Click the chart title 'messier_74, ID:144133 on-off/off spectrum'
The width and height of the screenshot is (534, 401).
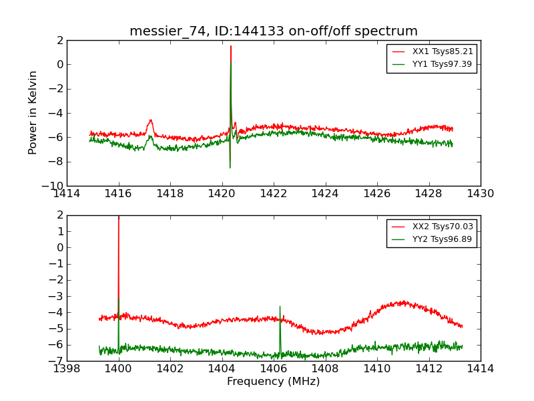[x=274, y=31]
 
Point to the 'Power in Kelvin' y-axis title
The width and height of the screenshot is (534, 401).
[x=33, y=112]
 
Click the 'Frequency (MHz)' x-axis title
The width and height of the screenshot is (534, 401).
[x=274, y=382]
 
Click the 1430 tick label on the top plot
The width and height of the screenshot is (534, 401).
[x=480, y=194]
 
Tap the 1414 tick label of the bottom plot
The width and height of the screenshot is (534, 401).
[x=480, y=369]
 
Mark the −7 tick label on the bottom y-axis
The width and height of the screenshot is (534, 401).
[x=56, y=361]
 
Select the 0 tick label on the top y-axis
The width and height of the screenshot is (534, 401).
[x=59, y=65]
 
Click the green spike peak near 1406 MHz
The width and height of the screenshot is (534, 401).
[x=280, y=307]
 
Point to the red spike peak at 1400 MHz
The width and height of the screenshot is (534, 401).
[x=119, y=217]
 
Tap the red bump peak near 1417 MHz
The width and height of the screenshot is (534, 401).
[x=151, y=120]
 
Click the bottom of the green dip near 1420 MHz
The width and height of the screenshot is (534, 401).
[x=230, y=167]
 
